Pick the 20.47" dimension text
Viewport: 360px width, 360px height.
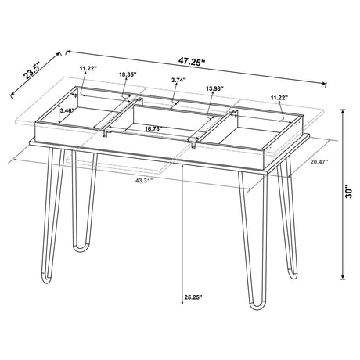tap(319, 161)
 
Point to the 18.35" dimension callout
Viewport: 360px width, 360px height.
tap(128, 74)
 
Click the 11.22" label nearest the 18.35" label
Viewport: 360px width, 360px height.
tap(88, 69)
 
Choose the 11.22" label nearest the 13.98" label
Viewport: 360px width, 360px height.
tap(278, 98)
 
